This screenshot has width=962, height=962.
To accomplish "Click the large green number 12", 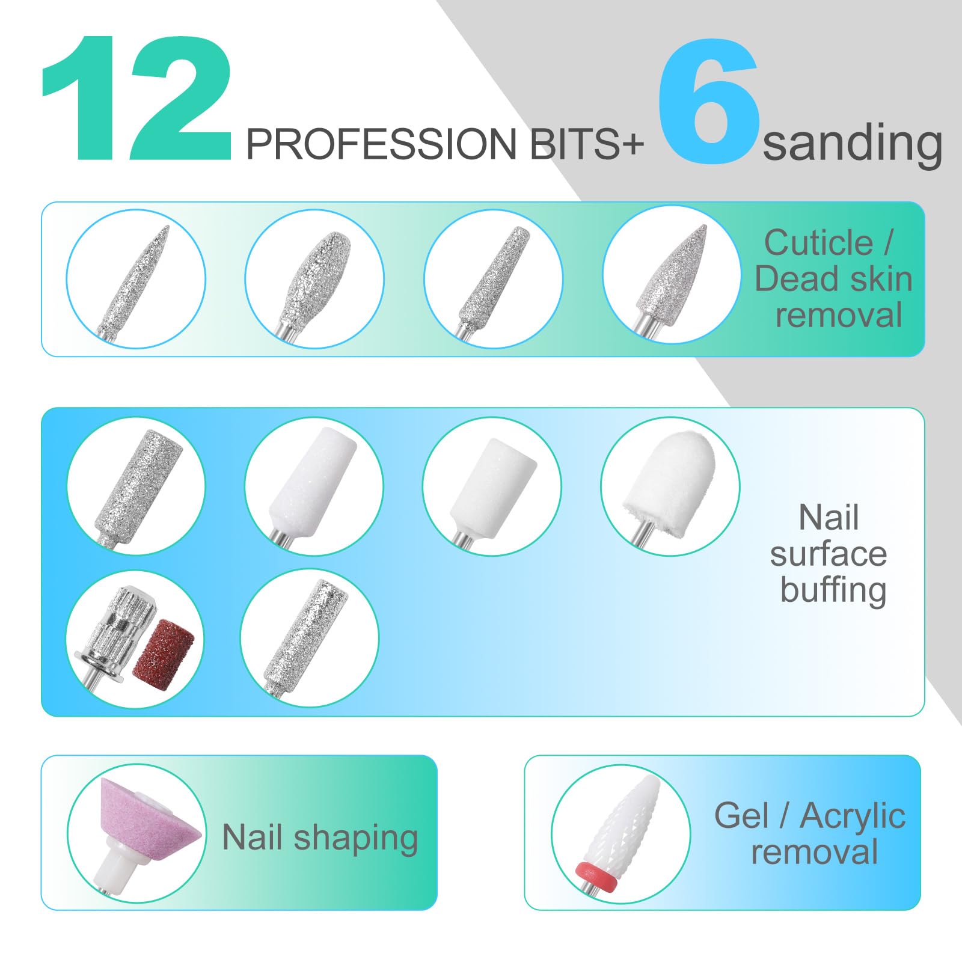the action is click(x=136, y=99).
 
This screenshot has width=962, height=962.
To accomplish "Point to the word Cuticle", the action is click(x=818, y=243).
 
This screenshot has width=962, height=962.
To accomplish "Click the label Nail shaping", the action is click(x=320, y=838).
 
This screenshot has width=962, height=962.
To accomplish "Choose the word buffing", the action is click(x=833, y=590).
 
